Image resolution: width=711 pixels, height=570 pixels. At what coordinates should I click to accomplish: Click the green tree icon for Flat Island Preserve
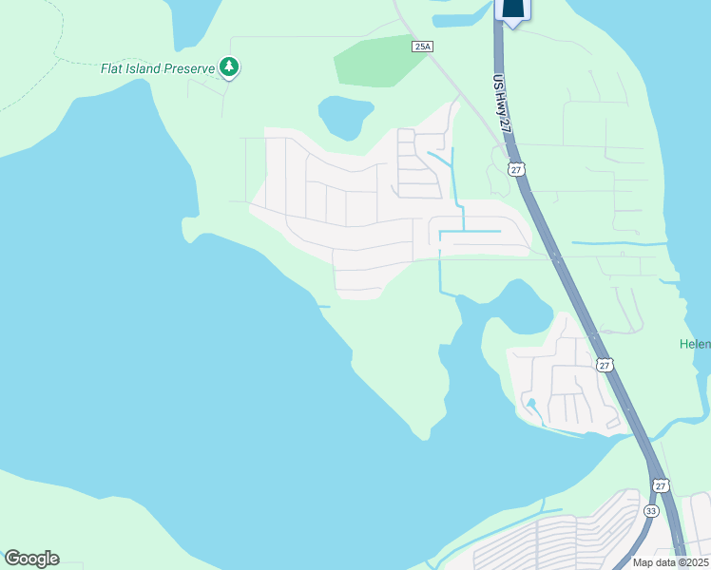point(228,67)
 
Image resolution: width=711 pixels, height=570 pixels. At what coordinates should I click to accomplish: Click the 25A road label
point(423,46)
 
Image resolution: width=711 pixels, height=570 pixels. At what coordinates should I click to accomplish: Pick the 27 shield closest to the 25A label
point(515,169)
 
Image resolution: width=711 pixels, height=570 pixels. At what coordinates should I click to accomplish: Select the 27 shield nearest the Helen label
point(604,365)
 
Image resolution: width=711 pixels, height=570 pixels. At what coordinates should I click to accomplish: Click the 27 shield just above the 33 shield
point(661,485)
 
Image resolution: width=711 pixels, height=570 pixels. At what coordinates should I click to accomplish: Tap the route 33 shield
point(650,510)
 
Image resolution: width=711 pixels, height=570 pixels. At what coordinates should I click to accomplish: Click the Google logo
point(31,559)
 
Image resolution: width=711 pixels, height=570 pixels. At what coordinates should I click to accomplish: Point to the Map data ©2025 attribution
point(670,562)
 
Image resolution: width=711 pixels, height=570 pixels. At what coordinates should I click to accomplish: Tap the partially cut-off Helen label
point(695,344)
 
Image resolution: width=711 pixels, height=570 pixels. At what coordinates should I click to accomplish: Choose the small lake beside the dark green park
point(343,117)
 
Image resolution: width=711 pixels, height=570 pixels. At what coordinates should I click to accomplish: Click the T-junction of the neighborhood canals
point(464,231)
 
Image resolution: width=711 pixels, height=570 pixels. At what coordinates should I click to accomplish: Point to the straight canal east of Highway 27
point(618,244)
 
